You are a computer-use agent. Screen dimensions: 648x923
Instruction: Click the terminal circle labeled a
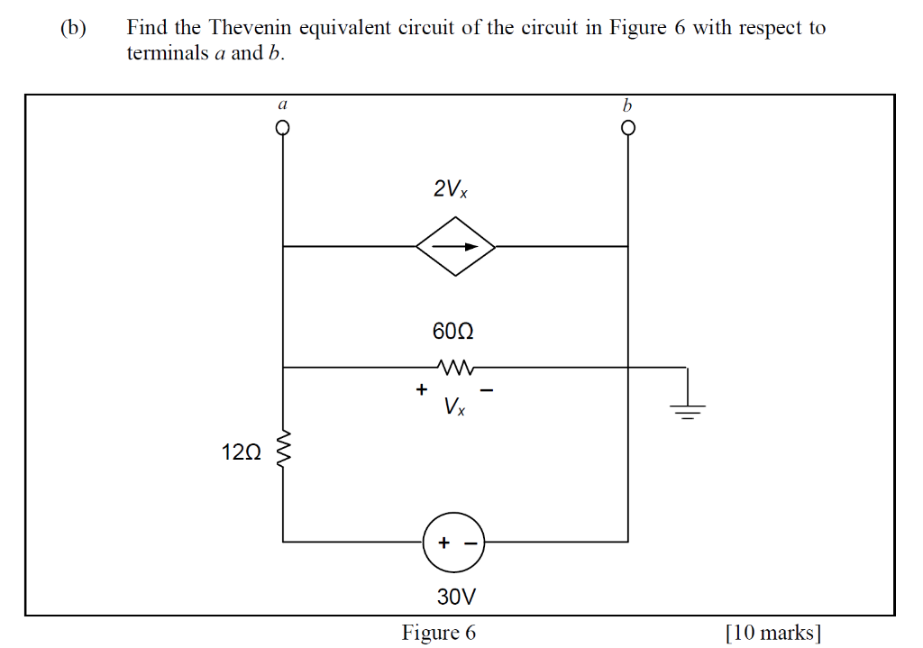(x=283, y=128)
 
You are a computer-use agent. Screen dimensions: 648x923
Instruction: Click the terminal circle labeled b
(x=628, y=128)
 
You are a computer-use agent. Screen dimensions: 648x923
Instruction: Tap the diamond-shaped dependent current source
(x=455, y=246)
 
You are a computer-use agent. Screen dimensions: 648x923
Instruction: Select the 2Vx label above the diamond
(x=451, y=190)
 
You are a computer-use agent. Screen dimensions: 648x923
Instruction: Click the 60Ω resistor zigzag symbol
(x=455, y=367)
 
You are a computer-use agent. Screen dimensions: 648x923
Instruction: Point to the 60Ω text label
(x=452, y=332)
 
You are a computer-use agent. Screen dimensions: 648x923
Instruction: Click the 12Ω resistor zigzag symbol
(x=284, y=450)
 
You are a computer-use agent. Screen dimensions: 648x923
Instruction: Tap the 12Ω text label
(x=241, y=452)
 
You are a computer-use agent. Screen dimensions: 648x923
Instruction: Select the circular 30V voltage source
(x=453, y=543)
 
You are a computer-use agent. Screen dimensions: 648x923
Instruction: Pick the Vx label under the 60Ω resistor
(x=455, y=408)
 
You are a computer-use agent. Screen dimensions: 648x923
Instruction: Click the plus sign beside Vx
(x=420, y=390)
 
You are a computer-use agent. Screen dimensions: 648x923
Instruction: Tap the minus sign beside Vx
(x=487, y=390)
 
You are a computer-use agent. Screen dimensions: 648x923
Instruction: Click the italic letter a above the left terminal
(x=282, y=105)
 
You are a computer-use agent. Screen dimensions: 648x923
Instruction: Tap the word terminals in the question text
(x=167, y=53)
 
